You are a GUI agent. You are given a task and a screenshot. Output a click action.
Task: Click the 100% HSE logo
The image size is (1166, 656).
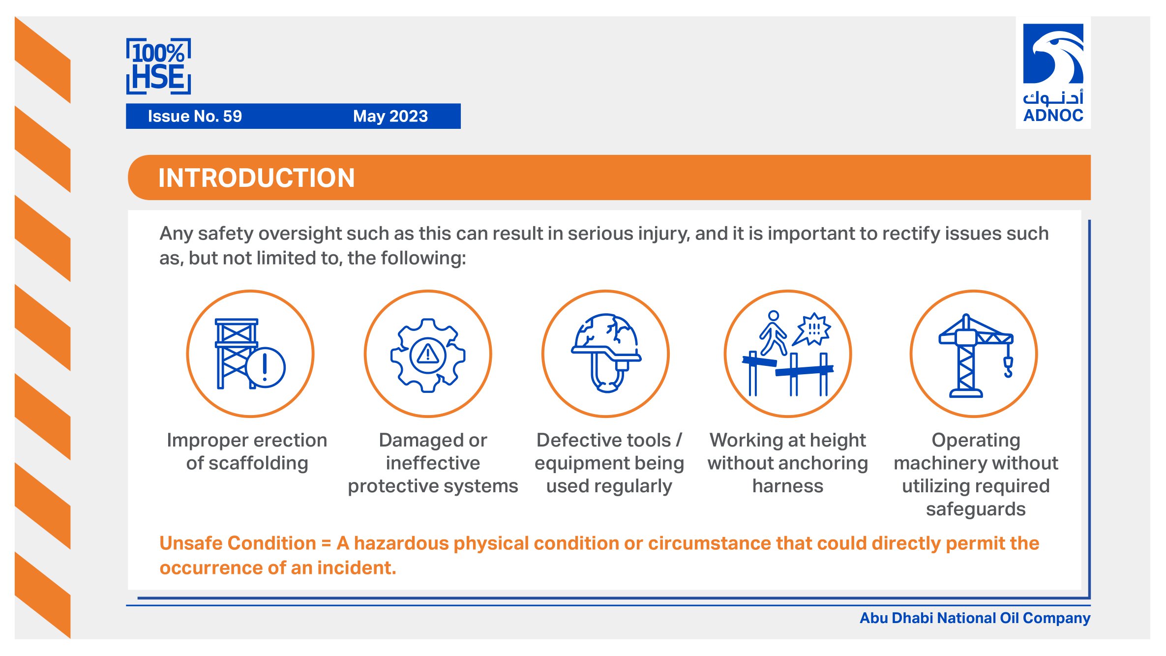click(x=158, y=66)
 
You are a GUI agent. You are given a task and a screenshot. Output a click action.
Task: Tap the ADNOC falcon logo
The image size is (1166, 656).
click(x=1053, y=54)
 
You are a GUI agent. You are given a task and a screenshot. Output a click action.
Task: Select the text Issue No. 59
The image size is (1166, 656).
click(x=195, y=116)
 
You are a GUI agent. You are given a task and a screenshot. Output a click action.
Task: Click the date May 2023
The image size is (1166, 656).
click(x=390, y=116)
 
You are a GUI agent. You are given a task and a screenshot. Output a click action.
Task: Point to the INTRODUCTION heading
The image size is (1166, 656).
click(x=256, y=178)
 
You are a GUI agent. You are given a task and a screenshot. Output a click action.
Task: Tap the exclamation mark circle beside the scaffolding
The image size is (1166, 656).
click(x=266, y=367)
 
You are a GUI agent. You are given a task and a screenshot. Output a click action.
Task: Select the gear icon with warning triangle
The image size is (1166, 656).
click(x=428, y=355)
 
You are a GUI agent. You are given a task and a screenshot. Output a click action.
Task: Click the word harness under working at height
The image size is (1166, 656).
click(x=788, y=486)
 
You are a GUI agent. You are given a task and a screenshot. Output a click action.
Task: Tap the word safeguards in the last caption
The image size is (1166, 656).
click(x=976, y=509)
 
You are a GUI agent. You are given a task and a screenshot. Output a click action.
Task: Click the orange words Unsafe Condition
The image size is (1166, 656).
click(x=238, y=543)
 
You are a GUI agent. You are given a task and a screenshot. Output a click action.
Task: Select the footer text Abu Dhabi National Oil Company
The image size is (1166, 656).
click(x=975, y=618)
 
